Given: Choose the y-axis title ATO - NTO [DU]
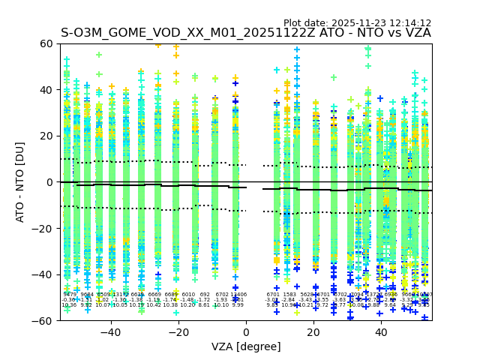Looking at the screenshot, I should point(21,182).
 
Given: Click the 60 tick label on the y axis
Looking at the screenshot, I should point(46,43).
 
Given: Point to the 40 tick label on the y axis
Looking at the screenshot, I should point(46,90).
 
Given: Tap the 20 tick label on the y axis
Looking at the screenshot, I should point(46,136).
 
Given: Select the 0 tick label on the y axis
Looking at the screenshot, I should point(49,182).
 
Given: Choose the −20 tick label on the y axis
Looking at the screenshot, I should point(43,228).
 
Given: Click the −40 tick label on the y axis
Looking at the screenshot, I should point(43,274).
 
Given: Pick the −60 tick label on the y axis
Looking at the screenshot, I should point(43,320).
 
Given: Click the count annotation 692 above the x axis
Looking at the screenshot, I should point(205,295).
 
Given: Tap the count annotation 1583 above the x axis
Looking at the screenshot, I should point(289,295).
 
